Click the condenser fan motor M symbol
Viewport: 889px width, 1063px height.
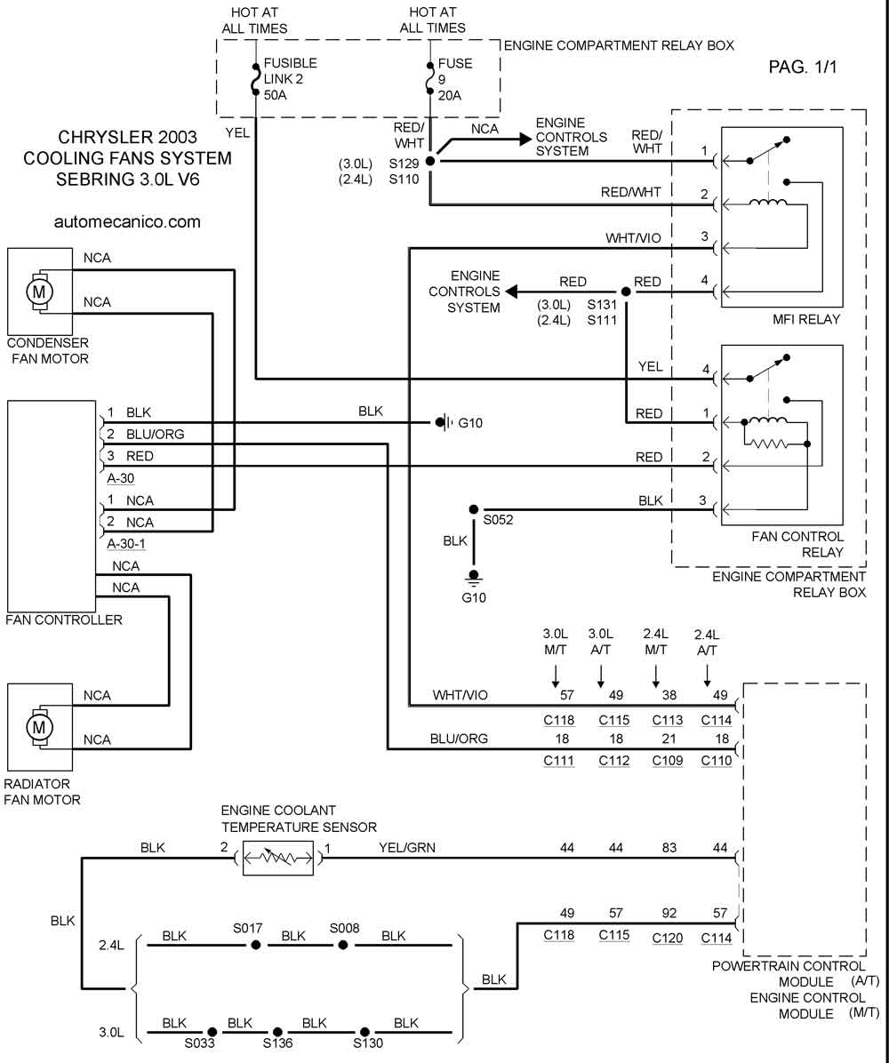38,292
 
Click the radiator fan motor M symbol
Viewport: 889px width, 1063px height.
38,727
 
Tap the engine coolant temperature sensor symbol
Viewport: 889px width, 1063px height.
278,859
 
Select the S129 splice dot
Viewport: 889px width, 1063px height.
430,162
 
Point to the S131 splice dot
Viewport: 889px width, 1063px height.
626,292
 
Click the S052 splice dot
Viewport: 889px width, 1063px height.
473,509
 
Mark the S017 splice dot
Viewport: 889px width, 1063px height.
256,945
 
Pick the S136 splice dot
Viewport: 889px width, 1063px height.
277,1033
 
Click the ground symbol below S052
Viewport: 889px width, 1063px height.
473,578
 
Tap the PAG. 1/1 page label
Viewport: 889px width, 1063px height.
803,67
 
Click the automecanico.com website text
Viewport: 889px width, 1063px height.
127,221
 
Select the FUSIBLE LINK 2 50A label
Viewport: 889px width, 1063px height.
290,78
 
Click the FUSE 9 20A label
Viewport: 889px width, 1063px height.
454,79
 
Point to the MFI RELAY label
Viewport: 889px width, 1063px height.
806,319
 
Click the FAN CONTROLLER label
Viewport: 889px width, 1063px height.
64,619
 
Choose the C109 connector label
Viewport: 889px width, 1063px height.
668,761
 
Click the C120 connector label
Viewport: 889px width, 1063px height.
668,939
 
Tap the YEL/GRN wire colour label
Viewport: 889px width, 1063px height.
407,847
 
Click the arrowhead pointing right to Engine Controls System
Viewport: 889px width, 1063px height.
525,139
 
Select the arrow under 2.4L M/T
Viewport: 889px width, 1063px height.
656,675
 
